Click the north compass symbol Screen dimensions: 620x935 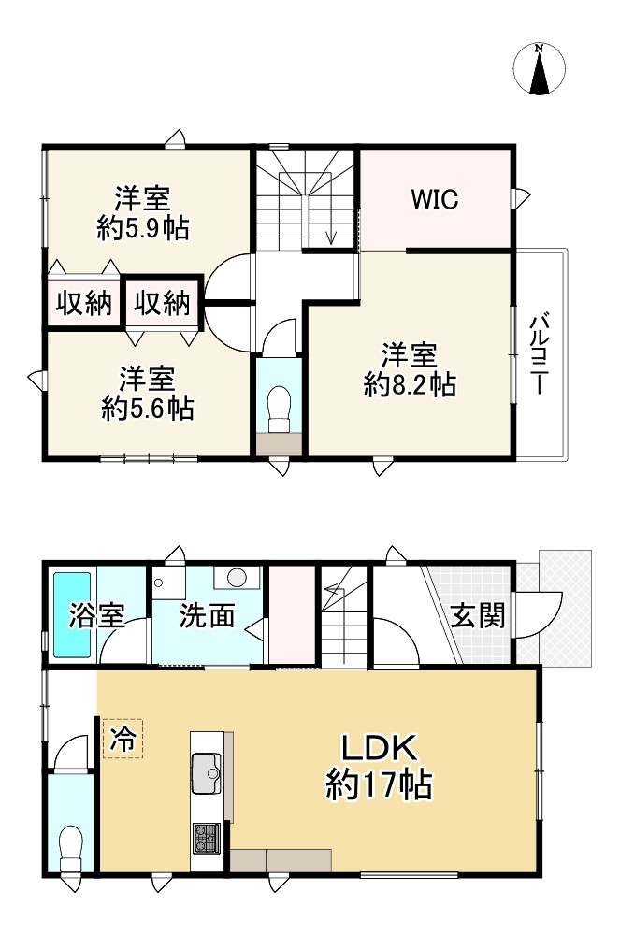(x=539, y=68)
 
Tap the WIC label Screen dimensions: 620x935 (x=435, y=199)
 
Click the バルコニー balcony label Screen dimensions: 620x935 (x=539, y=353)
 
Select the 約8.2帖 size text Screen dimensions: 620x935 (x=411, y=385)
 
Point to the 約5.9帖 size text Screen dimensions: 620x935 (x=143, y=228)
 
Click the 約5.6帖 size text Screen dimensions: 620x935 (x=147, y=410)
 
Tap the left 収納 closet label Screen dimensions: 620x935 (x=84, y=303)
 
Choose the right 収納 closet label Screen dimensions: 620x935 (x=162, y=303)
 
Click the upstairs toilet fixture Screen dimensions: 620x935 (x=279, y=409)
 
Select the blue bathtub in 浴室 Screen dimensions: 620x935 (x=72, y=615)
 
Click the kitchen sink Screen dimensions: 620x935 (x=207, y=773)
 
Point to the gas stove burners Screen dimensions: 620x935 (x=207, y=838)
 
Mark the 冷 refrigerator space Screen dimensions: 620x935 (x=123, y=740)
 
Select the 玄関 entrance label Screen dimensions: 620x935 (x=478, y=615)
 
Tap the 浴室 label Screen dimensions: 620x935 (x=96, y=615)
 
